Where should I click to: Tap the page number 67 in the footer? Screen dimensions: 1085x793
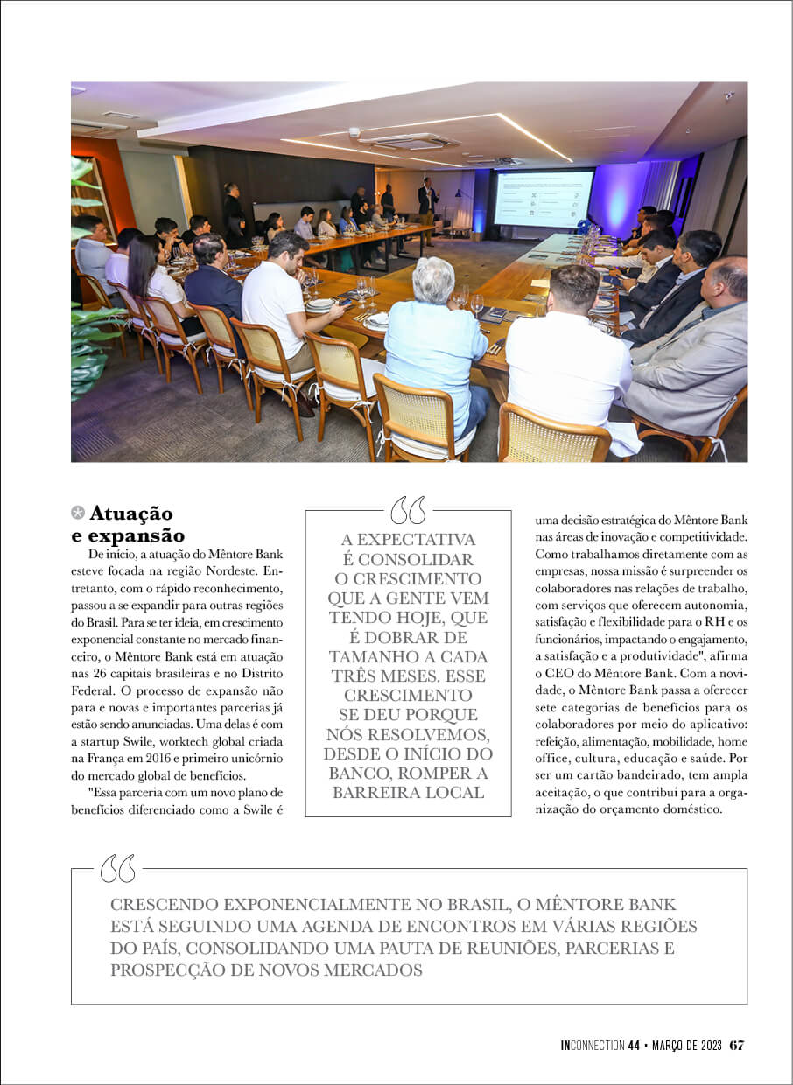coord(737,1045)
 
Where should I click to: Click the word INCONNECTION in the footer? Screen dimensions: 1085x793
coord(593,1046)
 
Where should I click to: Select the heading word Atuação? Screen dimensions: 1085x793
coord(130,514)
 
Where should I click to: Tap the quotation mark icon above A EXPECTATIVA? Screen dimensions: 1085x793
coord(407,510)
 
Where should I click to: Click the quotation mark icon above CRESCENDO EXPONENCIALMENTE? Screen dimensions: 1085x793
coord(118,868)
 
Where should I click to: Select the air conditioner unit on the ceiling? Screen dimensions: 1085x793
coord(409,140)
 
